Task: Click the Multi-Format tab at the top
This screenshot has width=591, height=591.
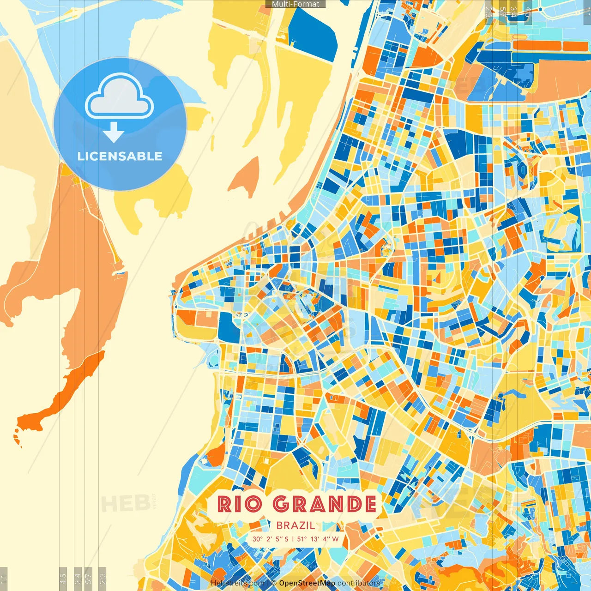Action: pyautogui.click(x=295, y=4)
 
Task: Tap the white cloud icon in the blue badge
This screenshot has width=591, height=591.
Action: pyautogui.click(x=119, y=97)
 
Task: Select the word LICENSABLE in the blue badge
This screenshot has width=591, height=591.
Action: pyautogui.click(x=120, y=156)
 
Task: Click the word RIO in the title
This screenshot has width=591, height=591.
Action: pyautogui.click(x=240, y=504)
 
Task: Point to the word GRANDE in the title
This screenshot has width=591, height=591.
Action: pyautogui.click(x=324, y=504)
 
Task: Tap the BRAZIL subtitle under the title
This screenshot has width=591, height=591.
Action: pyautogui.click(x=295, y=525)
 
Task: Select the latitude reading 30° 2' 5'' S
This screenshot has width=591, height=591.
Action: pyautogui.click(x=270, y=539)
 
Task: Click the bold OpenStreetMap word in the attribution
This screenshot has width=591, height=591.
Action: pyautogui.click(x=307, y=583)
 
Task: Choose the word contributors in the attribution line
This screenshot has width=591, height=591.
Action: pyautogui.click(x=359, y=583)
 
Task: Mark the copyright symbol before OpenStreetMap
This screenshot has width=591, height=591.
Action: pyautogui.click(x=274, y=583)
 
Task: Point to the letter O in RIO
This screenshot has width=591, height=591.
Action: pyautogui.click(x=253, y=504)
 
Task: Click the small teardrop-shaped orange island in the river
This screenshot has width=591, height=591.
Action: pyautogui.click(x=245, y=178)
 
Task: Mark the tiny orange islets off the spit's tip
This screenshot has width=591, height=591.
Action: pyautogui.click(x=17, y=436)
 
